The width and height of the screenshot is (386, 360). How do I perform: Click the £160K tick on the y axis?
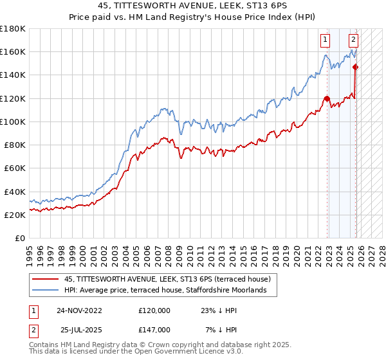(x=13, y=51)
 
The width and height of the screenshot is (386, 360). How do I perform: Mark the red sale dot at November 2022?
(x=327, y=98)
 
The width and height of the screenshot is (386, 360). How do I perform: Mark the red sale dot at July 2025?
(x=355, y=67)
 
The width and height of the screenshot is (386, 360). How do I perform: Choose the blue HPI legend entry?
(x=170, y=291)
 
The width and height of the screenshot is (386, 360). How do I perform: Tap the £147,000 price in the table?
(x=154, y=329)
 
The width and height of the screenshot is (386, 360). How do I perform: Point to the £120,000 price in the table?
(x=154, y=310)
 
